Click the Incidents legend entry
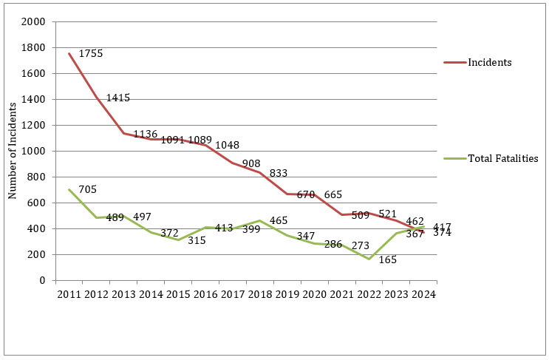tap(490, 62)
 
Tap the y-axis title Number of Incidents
tap(12, 151)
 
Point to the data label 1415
tap(118, 98)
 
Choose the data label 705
tap(88, 190)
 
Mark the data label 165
tap(388, 259)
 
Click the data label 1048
tap(228, 145)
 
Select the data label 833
tap(279, 173)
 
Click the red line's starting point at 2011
tap(69, 53)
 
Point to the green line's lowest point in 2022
tap(368, 259)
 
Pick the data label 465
tap(279, 220)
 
